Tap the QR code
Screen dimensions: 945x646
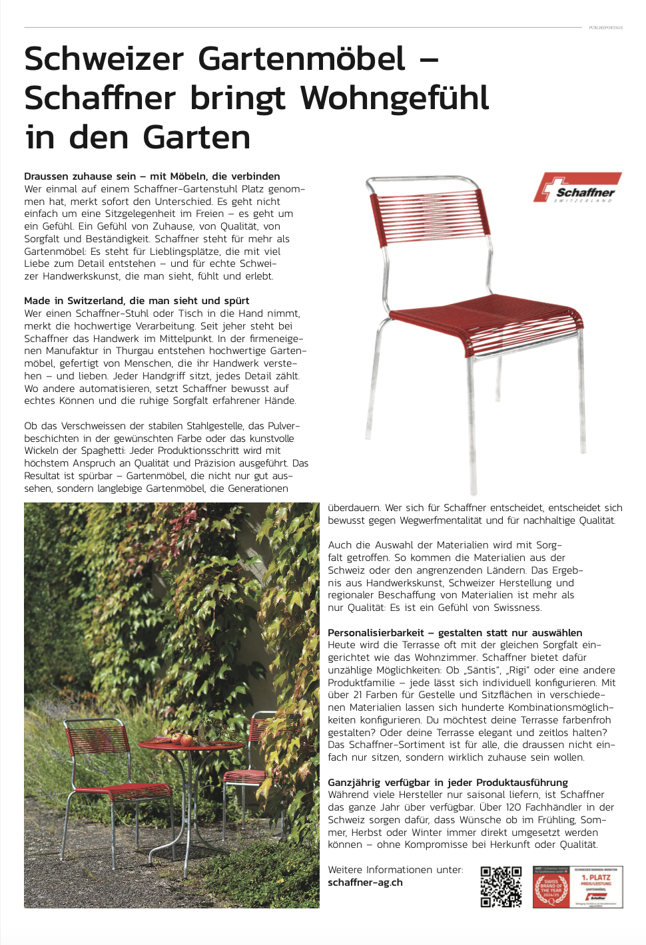pyautogui.click(x=501, y=886)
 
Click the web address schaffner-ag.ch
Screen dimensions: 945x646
pyautogui.click(x=365, y=882)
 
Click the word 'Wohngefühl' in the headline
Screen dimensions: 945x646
pyautogui.click(x=394, y=98)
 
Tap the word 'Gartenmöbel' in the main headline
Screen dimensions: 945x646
pyautogui.click(x=302, y=59)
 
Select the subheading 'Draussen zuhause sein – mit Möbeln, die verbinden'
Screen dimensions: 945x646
pyautogui.click(x=152, y=176)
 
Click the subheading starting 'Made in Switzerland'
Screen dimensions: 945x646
pyautogui.click(x=137, y=301)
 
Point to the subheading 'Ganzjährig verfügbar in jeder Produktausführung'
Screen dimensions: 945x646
pyautogui.click(x=448, y=783)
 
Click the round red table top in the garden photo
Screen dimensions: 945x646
pyautogui.click(x=190, y=744)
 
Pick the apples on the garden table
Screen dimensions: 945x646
pyautogui.click(x=182, y=738)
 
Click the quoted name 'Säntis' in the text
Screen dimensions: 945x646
pyautogui.click(x=481, y=670)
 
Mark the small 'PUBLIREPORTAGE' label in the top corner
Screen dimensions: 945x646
pyautogui.click(x=605, y=28)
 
